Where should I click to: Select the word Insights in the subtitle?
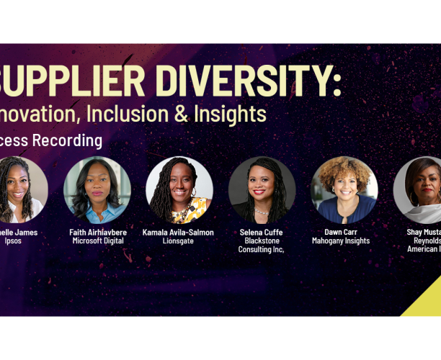[230, 113]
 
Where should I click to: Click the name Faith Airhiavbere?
[97, 233]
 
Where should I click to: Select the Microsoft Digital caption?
[97, 241]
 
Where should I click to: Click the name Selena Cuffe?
[262, 233]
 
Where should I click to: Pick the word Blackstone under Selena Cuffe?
[262, 241]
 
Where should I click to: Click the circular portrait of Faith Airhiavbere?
[97, 190]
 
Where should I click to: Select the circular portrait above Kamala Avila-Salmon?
[179, 190]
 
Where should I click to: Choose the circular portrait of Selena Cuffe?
[262, 190]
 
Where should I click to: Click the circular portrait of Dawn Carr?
[344, 190]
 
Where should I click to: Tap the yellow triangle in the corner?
[427, 302]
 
